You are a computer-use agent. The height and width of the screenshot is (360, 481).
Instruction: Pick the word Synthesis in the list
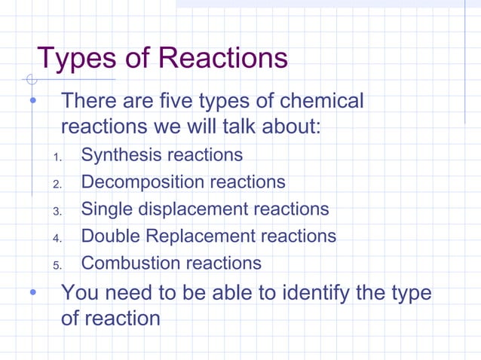[121, 156]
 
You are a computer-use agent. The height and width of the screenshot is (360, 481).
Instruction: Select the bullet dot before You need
[32, 292]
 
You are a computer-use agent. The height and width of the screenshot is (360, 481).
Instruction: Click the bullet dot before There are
[32, 101]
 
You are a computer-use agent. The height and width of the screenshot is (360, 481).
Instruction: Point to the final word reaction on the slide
[110, 319]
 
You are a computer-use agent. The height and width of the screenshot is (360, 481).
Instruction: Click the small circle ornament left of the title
[30, 78]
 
